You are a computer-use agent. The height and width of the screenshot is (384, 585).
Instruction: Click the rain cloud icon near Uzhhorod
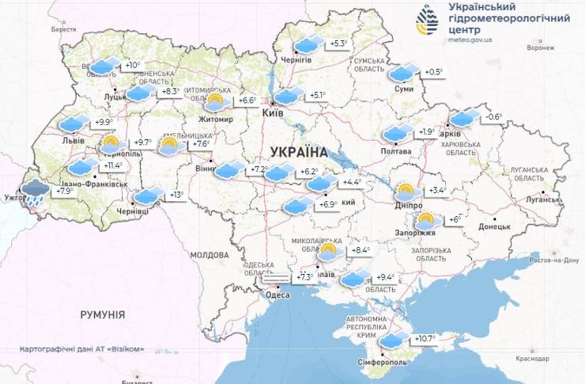(x=35, y=192)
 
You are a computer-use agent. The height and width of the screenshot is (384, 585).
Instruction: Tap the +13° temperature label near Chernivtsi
(x=176, y=196)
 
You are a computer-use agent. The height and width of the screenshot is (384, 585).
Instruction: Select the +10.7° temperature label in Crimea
(x=425, y=339)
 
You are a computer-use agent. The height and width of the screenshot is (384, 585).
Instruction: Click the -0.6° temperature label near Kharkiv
(x=493, y=118)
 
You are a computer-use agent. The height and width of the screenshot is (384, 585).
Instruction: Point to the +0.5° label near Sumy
(x=432, y=72)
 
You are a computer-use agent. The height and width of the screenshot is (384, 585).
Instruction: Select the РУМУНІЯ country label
(x=103, y=314)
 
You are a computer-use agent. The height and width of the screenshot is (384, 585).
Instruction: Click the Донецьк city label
(x=494, y=226)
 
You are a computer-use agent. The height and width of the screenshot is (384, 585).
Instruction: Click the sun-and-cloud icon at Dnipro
(x=407, y=192)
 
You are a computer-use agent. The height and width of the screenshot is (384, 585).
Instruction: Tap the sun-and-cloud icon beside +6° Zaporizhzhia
(x=428, y=221)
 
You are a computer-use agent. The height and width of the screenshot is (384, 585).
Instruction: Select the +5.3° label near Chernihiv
(x=338, y=44)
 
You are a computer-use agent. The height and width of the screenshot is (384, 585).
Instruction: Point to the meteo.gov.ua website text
(x=471, y=37)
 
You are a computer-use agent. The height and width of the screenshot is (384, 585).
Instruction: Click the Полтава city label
(x=396, y=151)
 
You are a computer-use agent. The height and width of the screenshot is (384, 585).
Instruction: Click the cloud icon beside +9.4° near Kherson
(x=355, y=278)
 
